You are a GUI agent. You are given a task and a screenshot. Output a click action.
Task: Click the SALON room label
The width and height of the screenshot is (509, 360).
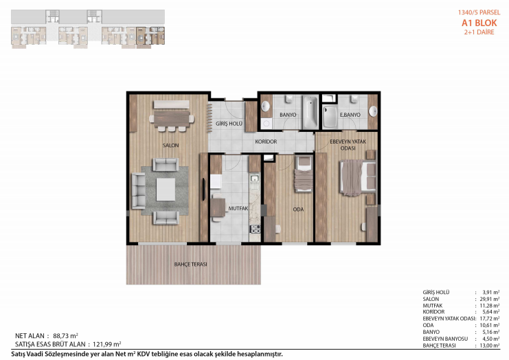coord(170,146)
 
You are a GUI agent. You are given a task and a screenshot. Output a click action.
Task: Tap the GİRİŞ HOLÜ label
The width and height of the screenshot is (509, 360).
coord(229,124)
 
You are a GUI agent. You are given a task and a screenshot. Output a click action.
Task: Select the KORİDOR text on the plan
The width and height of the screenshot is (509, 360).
coord(266,142)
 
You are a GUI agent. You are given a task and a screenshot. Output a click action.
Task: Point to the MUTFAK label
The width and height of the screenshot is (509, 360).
coord(238,209)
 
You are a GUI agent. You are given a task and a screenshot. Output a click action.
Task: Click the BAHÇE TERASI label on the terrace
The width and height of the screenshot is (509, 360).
coord(190,265)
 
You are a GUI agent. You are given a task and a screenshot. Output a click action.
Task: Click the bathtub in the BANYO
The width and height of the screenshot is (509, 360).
coord(310,112)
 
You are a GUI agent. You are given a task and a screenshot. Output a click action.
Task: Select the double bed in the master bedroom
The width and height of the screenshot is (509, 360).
coord(357,178)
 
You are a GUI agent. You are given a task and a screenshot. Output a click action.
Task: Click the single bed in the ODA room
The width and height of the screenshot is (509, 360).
coord(304,174)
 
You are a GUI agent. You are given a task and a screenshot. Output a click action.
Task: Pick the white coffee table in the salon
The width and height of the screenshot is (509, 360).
coord(166,189)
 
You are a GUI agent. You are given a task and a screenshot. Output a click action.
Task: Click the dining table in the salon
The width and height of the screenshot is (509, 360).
coord(172,119)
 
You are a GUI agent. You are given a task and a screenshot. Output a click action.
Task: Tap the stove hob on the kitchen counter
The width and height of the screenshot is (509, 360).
coord(255,229)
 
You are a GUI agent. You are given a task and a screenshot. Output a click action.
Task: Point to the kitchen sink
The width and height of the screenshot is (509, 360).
coord(254,178)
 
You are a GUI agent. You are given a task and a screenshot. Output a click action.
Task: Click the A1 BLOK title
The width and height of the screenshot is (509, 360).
coord(479,23)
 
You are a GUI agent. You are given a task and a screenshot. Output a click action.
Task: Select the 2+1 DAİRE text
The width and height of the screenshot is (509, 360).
coord(479,32)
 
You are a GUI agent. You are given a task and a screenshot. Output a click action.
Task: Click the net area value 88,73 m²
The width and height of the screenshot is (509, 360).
coord(65,336)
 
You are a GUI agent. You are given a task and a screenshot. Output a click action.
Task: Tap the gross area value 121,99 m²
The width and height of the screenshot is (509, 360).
coord(106,344)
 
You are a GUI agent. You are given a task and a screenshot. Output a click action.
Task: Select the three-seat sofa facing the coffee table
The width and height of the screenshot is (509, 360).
coord(138,190)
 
